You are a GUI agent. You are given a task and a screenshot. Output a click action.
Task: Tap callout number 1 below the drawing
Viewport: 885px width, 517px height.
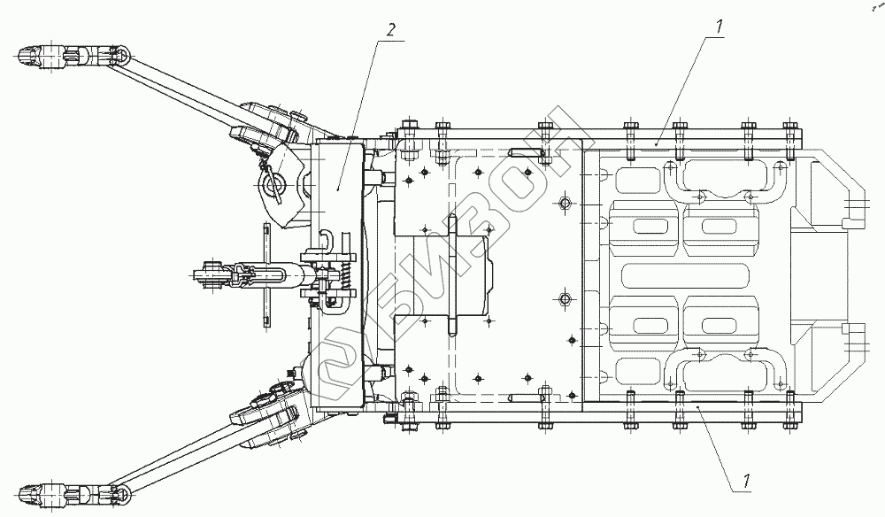click(748, 483)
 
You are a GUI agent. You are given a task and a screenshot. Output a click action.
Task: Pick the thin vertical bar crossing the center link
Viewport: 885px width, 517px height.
click(265, 274)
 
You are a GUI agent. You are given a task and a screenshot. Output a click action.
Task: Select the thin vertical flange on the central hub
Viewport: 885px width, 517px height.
click(452, 274)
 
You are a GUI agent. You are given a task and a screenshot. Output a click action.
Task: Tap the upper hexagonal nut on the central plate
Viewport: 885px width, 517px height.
click(565, 204)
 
